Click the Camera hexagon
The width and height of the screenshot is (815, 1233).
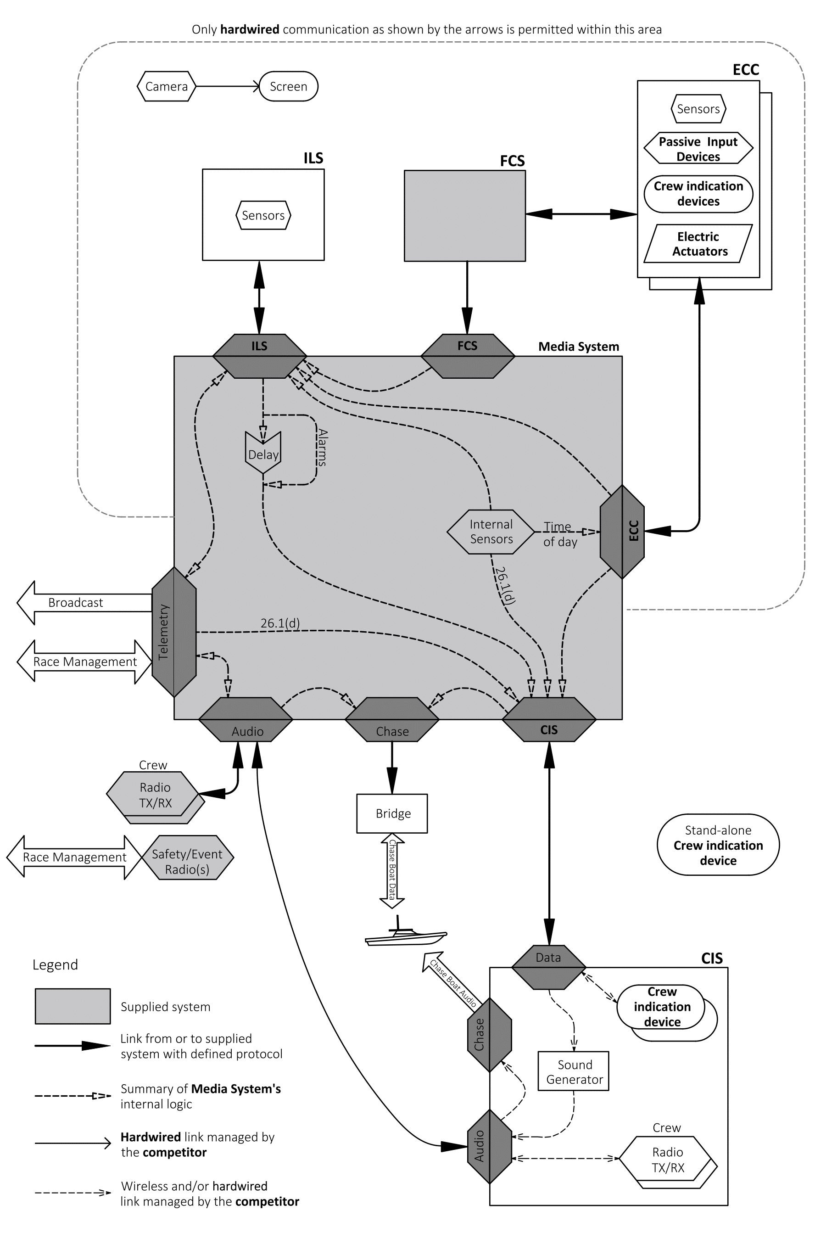tap(166, 86)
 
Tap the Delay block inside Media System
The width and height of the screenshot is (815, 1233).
tap(263, 453)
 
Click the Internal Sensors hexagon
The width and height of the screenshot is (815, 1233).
tap(491, 532)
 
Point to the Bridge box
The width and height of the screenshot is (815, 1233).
tap(392, 813)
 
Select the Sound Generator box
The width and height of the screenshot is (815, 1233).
tap(573, 1072)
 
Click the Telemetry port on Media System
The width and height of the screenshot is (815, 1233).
tap(173, 632)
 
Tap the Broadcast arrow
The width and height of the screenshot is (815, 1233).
tap(83, 602)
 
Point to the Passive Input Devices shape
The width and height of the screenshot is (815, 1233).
tap(698, 149)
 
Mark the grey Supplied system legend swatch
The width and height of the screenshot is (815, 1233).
tap(73, 1006)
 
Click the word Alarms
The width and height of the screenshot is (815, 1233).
tap(322, 447)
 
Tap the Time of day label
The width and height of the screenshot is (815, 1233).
tap(560, 534)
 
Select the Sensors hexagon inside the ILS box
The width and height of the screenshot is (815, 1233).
tap(263, 215)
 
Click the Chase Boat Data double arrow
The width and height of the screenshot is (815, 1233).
tap(392, 871)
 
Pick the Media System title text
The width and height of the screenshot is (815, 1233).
tap(578, 347)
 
